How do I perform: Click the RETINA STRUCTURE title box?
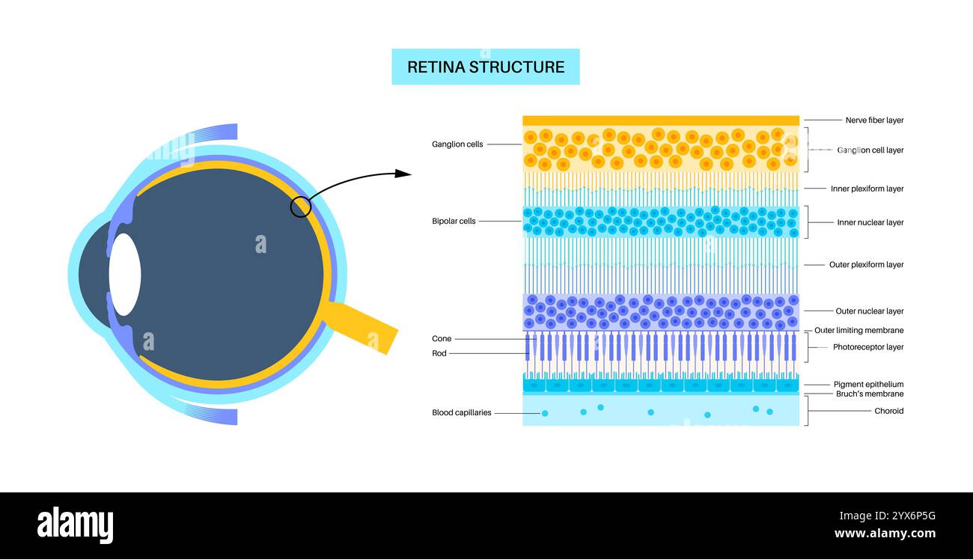[486, 67]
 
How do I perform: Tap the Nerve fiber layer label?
[874, 120]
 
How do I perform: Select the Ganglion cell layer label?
[870, 150]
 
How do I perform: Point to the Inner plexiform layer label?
[867, 189]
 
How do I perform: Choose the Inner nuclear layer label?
[870, 223]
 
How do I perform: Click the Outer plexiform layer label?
[866, 265]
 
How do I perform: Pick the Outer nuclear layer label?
[869, 311]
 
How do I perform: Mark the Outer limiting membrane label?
[858, 331]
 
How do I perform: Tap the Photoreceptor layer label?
[868, 347]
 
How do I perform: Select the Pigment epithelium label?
[868, 385]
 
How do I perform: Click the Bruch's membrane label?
[869, 394]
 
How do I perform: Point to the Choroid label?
[888, 411]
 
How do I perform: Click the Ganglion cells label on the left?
[457, 144]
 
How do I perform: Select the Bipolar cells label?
[454, 222]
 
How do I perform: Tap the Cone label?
[442, 339]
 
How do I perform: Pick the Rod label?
[439, 353]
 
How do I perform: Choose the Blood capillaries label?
[461, 412]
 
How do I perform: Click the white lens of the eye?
[125, 274]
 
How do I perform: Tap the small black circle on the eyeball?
[300, 207]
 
